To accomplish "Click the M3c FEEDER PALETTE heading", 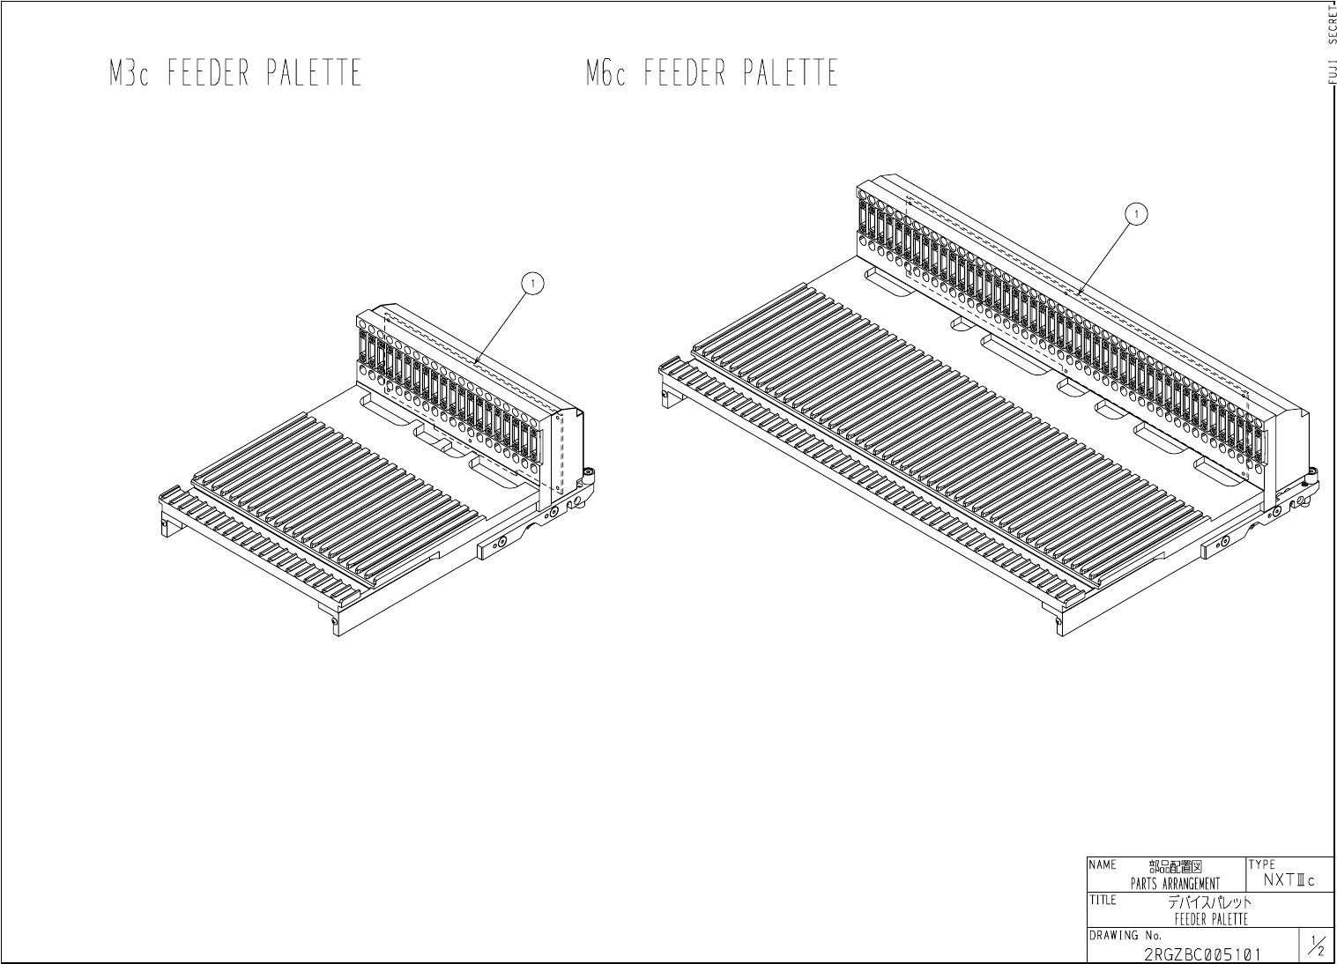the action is coord(235,73).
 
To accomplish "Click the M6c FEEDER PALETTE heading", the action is coord(711,73).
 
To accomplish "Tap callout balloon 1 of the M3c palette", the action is coord(531,284).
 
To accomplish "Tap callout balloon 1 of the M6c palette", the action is coord(1138,213).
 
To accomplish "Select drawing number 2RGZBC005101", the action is coord(1202,953).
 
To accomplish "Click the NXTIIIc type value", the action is coord(1289,880).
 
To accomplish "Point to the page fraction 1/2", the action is coord(1318,946).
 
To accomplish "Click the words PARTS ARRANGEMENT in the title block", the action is coord(1175,884).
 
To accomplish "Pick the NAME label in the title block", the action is coord(1103,865).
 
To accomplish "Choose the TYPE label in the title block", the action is coord(1261,864).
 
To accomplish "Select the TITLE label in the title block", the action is coord(1103,900).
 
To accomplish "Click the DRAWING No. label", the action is coord(1125,935).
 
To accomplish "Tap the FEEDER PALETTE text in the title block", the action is coord(1211,919).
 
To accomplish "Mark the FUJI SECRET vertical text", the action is coord(1331,44).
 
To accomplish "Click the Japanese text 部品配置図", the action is coord(1175,867).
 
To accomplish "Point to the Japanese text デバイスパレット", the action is coord(1209,902).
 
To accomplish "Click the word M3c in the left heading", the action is coord(130,73).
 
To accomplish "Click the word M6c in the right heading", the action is coord(606,73).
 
